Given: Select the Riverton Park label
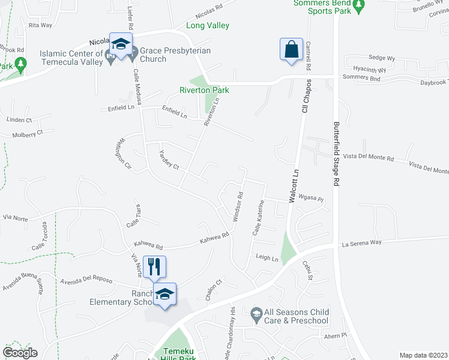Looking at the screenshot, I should tap(205, 90).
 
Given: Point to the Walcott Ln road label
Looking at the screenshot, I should tap(294, 187).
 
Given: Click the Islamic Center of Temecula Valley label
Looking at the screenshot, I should tap(71, 55).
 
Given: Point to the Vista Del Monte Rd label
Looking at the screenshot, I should tap(373, 158).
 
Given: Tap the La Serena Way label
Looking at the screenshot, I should tap(361, 243).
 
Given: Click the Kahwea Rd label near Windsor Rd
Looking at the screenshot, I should tap(215, 239).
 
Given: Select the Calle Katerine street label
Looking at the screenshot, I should tap(258, 217).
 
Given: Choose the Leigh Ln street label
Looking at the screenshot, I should tap(268, 259).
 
